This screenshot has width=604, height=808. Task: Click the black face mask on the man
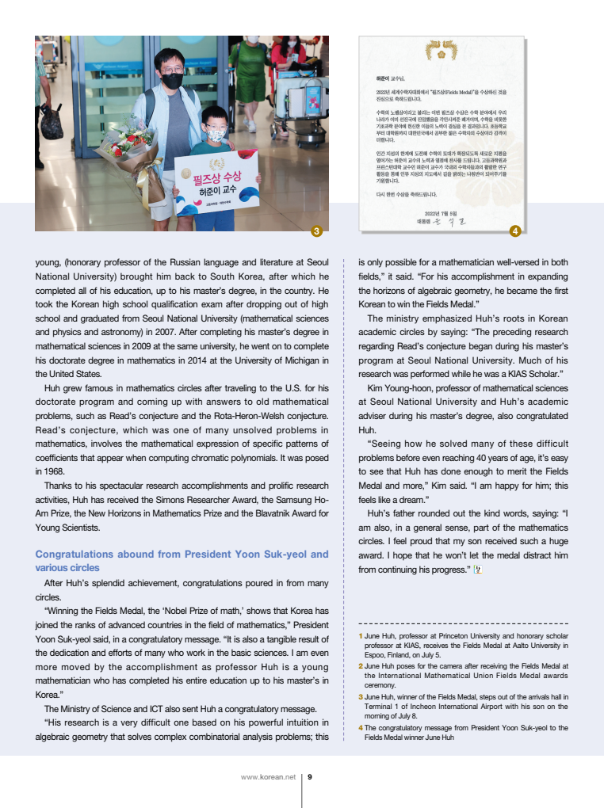coord(172,80)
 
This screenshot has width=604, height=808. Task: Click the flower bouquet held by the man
coord(128,151)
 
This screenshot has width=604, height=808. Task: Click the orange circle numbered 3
coord(316,231)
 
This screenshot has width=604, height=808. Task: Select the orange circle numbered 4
coord(514,231)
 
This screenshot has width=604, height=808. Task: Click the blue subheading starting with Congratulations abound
coord(182,561)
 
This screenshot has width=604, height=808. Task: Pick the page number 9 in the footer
coord(309,776)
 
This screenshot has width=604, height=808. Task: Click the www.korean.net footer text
coord(268,776)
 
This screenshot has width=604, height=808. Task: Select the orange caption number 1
coord(361,636)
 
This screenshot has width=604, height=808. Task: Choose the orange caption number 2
coord(361,667)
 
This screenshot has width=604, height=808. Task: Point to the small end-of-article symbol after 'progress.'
coord(477,569)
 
